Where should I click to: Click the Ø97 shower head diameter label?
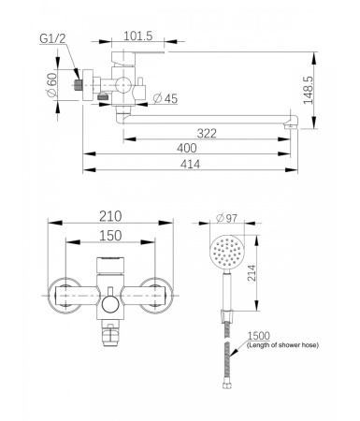tap(226, 219)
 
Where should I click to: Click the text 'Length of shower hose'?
tap(282, 346)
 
